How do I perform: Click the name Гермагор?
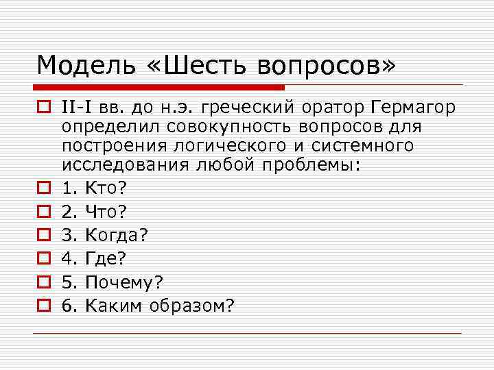(416, 108)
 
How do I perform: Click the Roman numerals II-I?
(79, 108)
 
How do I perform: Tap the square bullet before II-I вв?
(43, 108)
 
